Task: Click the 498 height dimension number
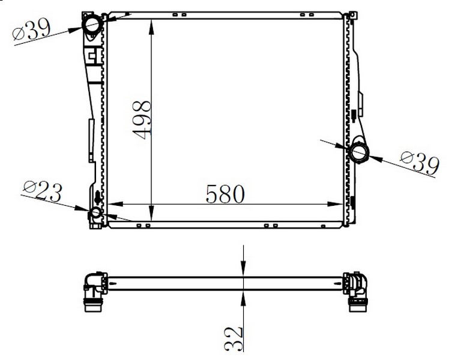[142, 120]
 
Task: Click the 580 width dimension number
[225, 194]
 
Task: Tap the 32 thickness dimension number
[234, 339]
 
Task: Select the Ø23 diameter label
[43, 191]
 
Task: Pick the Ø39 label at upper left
[32, 29]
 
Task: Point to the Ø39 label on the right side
[420, 163]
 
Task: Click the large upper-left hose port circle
[92, 25]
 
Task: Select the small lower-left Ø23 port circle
[95, 213]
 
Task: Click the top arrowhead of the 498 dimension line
[151, 26]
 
